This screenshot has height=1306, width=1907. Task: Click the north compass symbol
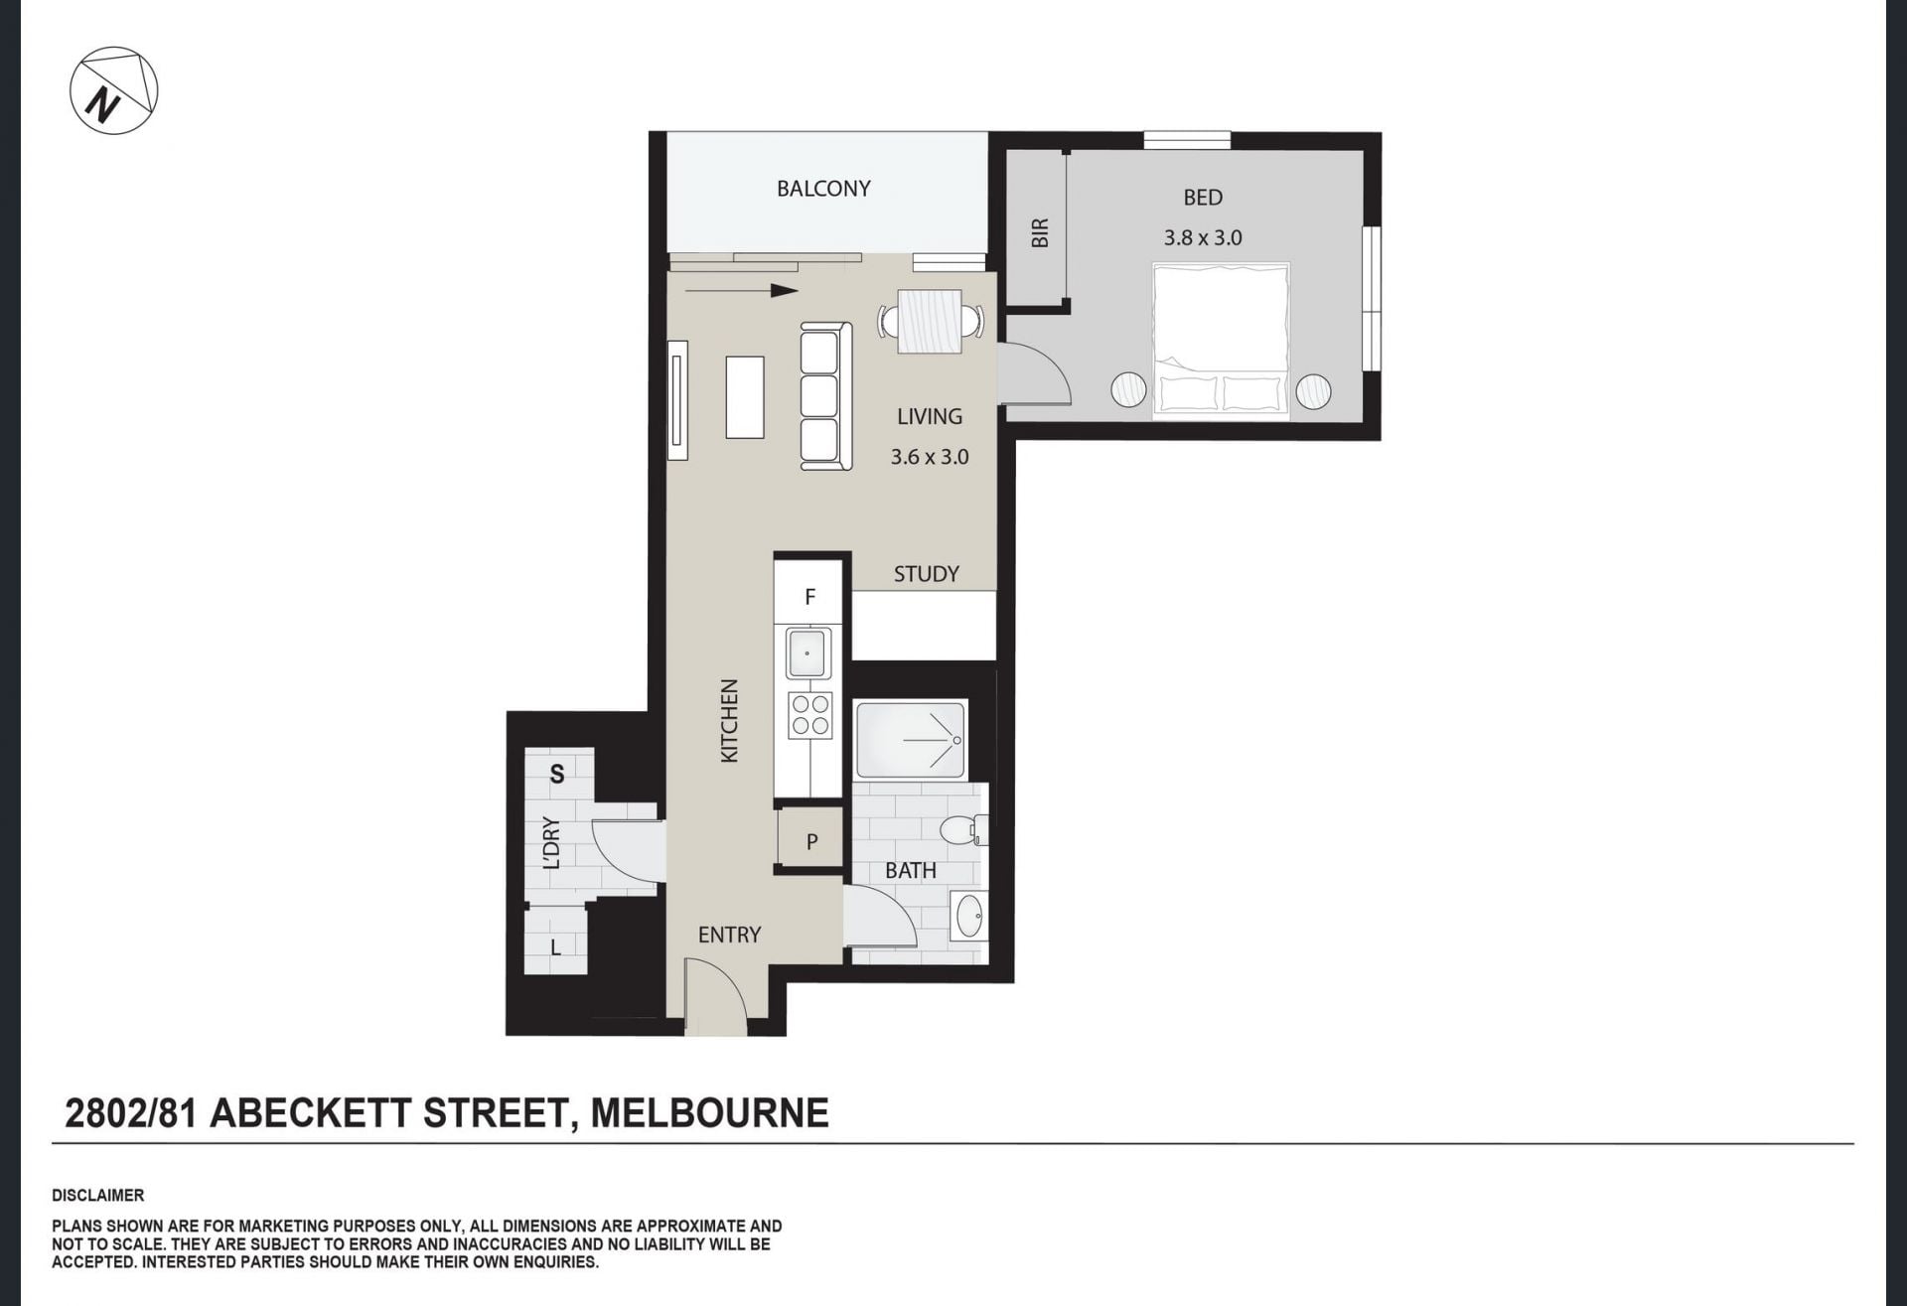pos(113,90)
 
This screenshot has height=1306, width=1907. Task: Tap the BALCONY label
pos(823,189)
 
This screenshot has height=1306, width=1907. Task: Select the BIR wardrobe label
pos(1039,233)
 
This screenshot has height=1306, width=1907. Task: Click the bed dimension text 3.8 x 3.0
pos(1203,238)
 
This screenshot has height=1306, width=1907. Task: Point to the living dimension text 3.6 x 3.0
pos(929,457)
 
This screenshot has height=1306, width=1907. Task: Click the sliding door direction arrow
pos(741,291)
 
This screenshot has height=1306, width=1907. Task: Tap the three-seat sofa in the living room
pos(825,395)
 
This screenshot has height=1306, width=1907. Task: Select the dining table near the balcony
pos(930,321)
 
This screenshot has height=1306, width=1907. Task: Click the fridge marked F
pos(808,596)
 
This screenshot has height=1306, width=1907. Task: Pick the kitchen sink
pos(807,653)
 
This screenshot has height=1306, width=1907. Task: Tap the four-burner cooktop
pos(810,715)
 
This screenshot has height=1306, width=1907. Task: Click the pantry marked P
pos(810,840)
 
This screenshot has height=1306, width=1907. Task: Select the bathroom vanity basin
pos(968,916)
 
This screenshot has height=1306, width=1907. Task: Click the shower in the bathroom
pos(910,740)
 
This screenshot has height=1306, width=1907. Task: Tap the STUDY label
pos(926,574)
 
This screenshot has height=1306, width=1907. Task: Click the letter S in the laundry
pos(557,774)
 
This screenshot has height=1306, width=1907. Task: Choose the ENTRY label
pos(729,935)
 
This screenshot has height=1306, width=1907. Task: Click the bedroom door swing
pos(1034,373)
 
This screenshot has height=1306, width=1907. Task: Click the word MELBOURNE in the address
pos(709,1113)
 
